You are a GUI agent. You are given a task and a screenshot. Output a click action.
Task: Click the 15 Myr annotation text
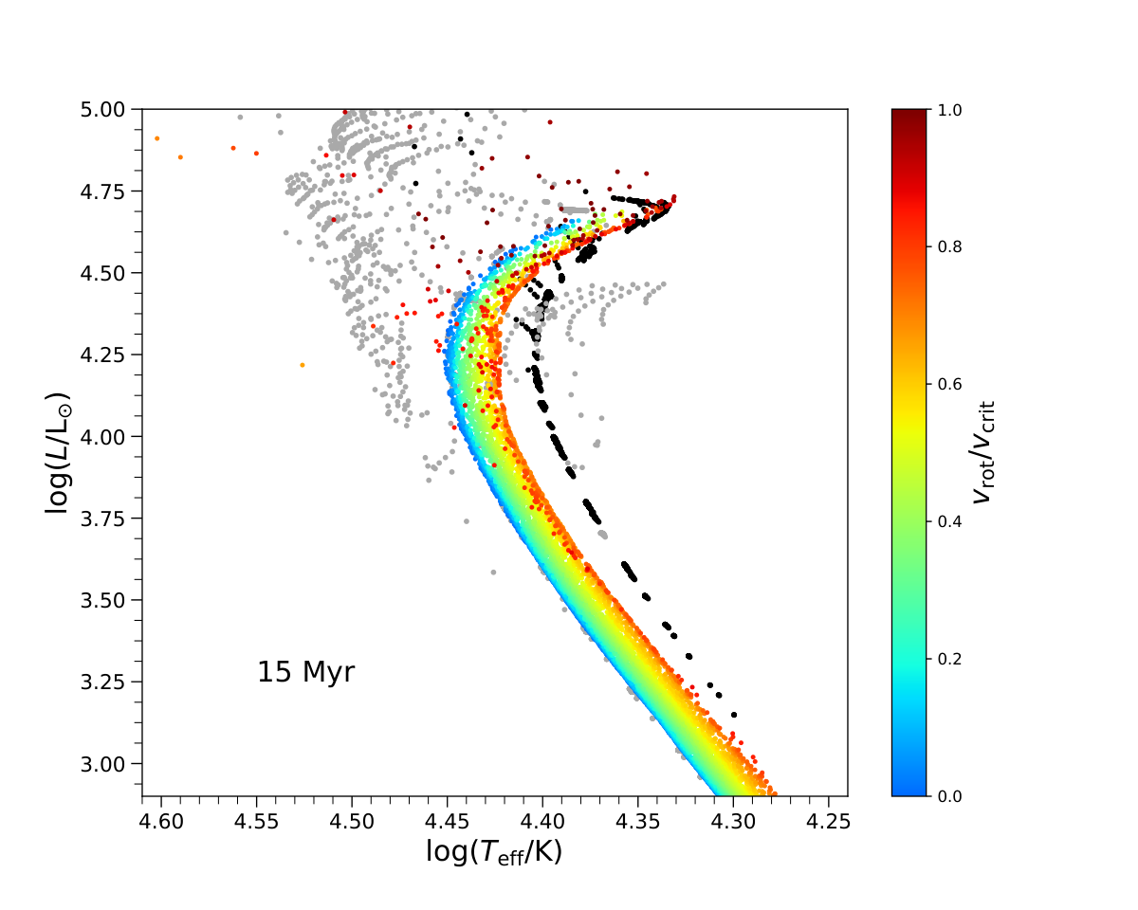(305, 672)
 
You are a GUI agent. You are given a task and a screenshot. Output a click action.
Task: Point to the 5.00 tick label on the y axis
(102, 110)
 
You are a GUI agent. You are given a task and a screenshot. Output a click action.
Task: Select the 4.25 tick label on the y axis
(102, 355)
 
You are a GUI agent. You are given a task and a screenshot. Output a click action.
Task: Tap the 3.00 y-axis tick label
(102, 764)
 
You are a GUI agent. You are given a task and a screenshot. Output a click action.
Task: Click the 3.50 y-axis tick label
(102, 601)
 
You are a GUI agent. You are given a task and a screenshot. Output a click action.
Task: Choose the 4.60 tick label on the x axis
(161, 822)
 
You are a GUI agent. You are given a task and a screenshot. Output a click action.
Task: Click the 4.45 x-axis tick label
(448, 822)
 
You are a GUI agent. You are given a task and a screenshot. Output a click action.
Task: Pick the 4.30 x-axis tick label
(733, 822)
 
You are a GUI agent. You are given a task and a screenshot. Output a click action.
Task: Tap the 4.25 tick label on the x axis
(828, 822)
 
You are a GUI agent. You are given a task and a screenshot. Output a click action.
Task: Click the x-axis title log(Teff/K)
(494, 852)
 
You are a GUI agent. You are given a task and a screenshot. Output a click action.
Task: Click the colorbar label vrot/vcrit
(983, 452)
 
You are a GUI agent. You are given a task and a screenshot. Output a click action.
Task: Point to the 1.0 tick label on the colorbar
(949, 110)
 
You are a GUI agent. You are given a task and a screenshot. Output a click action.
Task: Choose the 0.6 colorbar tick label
(949, 385)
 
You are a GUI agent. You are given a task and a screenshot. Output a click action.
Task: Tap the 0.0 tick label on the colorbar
(949, 796)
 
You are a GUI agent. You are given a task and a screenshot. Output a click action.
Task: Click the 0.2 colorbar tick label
(949, 659)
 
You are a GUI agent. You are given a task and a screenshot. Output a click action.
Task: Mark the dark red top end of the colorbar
(909, 111)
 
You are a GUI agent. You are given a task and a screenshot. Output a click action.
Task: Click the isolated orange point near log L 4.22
(303, 365)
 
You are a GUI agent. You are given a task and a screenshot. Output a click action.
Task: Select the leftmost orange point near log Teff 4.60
(157, 138)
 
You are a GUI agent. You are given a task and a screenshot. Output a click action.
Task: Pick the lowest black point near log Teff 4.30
(734, 715)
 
